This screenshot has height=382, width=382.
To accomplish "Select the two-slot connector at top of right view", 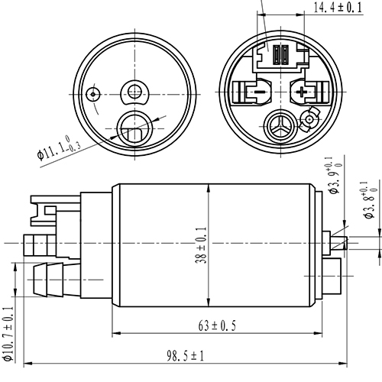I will pos(279,56).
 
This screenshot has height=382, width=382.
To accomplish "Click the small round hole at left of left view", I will pos(93,93).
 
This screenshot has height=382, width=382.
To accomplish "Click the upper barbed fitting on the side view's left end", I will pos(38,244).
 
